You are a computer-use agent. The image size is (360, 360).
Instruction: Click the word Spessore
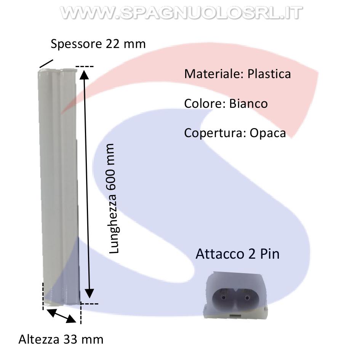[76, 44]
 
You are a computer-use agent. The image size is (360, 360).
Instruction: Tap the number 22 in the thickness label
[112, 44]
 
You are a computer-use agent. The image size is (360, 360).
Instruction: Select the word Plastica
[269, 74]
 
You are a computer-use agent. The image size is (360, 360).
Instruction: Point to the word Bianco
[248, 104]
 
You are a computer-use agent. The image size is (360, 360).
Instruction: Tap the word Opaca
[268, 133]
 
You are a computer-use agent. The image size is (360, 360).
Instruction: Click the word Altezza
[39, 339]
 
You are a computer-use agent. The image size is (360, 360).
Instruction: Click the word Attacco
[220, 254]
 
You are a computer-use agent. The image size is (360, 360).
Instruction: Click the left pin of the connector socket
[223, 298]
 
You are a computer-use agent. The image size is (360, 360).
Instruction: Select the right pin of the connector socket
[247, 298]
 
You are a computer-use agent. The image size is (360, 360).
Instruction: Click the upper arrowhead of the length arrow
[84, 74]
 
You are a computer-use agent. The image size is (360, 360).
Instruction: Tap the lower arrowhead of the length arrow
[89, 294]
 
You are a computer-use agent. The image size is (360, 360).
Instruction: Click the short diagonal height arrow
[61, 316]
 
